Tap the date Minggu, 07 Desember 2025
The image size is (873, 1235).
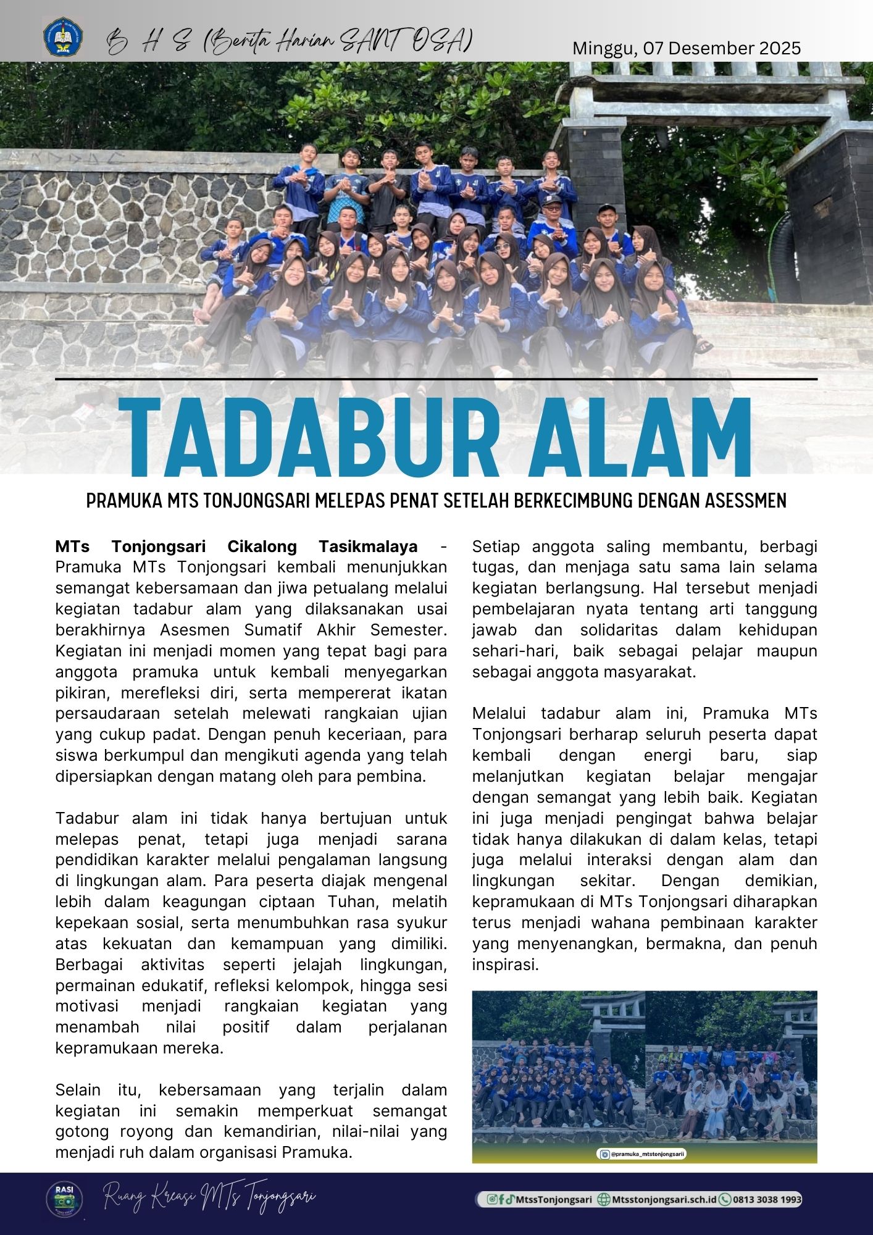(687, 48)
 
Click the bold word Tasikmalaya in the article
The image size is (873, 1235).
(368, 546)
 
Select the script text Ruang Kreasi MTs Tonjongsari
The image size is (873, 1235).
(210, 1199)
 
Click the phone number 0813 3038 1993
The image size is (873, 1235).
(767, 1199)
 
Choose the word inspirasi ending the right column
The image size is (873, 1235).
(505, 965)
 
